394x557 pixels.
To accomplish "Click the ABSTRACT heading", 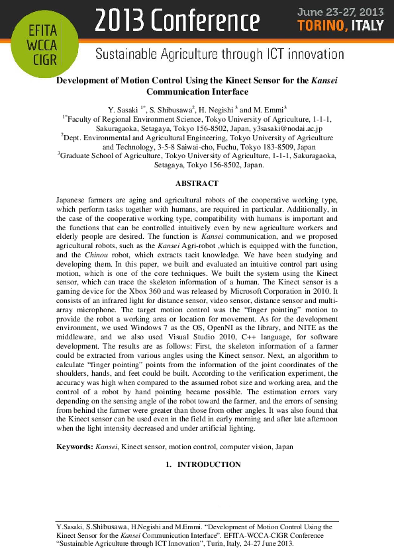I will coord(197,183).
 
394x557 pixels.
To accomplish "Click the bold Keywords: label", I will coord(74,447).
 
